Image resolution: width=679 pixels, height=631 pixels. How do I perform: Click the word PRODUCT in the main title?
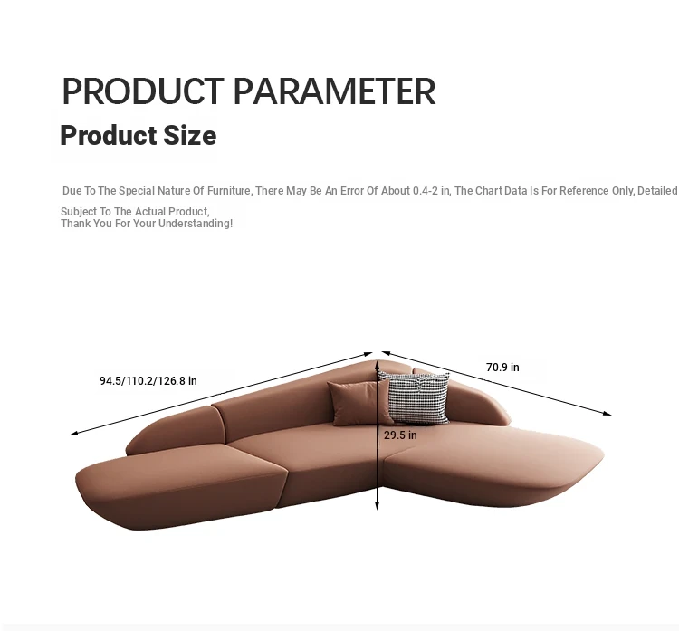143,91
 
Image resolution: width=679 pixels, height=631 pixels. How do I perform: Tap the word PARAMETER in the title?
334,91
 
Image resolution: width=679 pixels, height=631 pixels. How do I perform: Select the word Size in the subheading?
190,135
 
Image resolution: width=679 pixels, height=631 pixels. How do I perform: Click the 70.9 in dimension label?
502,368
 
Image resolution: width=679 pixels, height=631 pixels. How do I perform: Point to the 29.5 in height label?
400,435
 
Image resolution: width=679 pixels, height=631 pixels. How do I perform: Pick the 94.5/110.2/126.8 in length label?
148,380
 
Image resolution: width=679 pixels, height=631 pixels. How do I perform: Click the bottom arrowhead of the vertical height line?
378,505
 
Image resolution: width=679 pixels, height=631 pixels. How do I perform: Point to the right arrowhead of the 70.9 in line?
607,414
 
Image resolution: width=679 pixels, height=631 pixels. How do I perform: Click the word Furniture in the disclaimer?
230,191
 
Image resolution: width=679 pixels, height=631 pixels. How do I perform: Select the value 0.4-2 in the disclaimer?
426,191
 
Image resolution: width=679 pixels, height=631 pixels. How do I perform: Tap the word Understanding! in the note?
196,224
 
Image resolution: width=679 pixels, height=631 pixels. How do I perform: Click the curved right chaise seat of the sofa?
493,464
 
